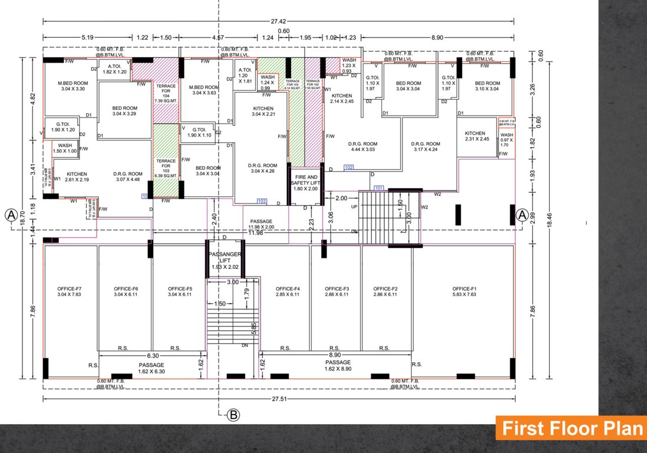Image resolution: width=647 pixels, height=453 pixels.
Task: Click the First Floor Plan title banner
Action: (569, 428)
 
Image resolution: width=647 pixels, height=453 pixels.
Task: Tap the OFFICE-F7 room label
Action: (70, 291)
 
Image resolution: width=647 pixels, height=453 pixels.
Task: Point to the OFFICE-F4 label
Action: (287, 291)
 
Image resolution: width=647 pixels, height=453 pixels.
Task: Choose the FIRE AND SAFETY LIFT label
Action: (305, 182)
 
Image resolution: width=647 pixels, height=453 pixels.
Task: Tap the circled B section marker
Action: (233, 416)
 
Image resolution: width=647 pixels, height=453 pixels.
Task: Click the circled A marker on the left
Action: (10, 215)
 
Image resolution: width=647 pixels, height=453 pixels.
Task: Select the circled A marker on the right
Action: (521, 215)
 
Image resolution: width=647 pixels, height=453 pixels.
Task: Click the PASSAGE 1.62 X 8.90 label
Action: (338, 365)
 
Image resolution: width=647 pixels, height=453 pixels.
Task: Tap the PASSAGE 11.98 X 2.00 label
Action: (262, 224)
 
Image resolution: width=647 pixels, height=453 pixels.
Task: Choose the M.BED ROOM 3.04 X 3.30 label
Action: (72, 86)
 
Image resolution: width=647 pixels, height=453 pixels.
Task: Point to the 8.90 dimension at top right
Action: (437, 38)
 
